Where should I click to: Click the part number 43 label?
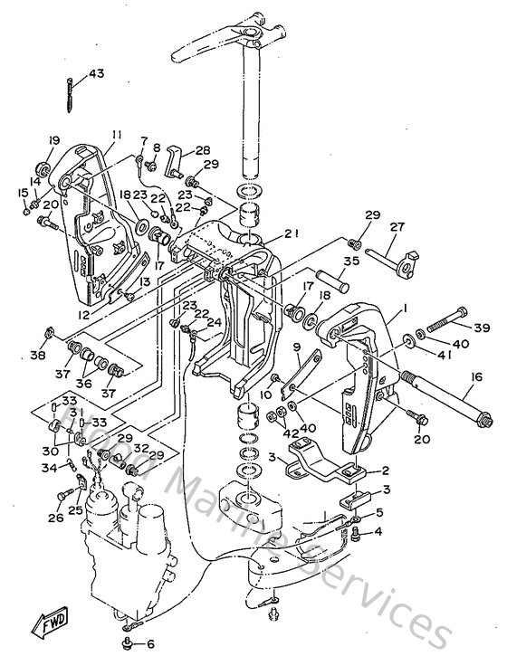point(96,72)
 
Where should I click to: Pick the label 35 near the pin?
point(352,261)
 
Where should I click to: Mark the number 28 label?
point(202,150)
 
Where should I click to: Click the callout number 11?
point(116,136)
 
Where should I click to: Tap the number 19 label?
point(54,140)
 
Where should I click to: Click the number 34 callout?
point(50,468)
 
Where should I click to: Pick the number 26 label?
point(56,518)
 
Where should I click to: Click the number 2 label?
point(384,471)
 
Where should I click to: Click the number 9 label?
point(296,345)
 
